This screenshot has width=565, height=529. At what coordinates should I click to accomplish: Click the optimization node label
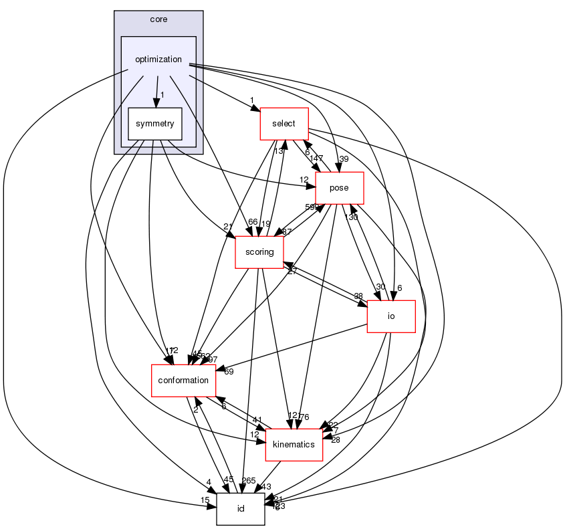[x=158, y=59]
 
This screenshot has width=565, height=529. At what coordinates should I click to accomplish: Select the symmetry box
[x=155, y=124]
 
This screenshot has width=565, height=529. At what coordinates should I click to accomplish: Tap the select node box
[x=284, y=124]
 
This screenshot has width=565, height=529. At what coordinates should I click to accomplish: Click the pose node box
[x=339, y=187]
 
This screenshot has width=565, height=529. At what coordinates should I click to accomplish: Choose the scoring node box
[x=259, y=252]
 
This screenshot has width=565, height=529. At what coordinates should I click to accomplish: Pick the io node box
[x=391, y=316]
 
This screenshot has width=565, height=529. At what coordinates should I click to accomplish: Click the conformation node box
[x=183, y=381]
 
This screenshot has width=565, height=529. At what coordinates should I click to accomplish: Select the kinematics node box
[x=294, y=445]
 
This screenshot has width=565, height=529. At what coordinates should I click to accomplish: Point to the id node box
[x=241, y=509]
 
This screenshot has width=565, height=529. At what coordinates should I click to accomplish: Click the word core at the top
[x=158, y=19]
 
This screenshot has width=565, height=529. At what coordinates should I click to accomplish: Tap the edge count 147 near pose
[x=316, y=158]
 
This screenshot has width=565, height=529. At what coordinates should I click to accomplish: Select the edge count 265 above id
[x=249, y=480]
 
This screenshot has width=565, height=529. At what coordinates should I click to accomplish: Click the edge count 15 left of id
[x=205, y=501]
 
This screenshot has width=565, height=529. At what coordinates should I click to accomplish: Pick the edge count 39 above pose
[x=344, y=159]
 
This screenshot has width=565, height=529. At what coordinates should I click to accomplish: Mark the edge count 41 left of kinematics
[x=257, y=420]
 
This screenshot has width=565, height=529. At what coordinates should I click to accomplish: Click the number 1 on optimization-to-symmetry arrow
[x=162, y=94]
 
